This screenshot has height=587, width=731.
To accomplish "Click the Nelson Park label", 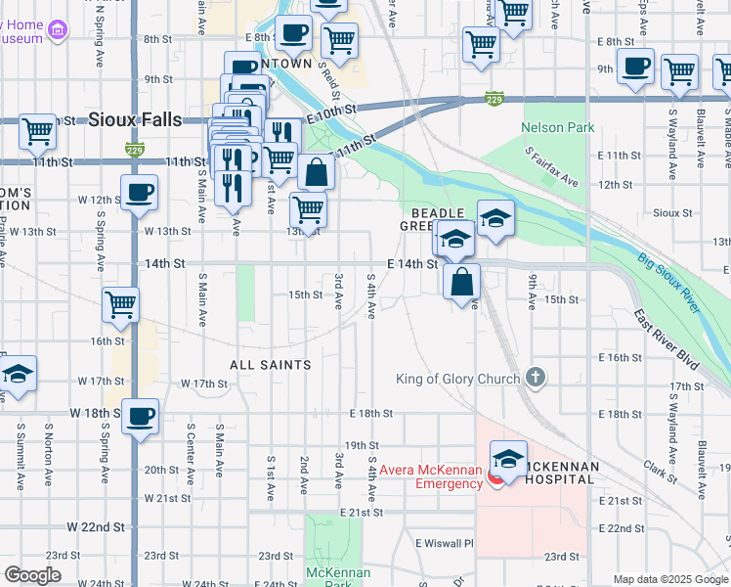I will point(558,127).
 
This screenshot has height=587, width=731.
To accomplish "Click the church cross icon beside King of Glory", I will point(535,377).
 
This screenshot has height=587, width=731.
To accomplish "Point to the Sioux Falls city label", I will point(135,119).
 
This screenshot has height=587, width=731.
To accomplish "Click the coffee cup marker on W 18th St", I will point(140,415).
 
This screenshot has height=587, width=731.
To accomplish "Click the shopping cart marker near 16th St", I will point(121,303).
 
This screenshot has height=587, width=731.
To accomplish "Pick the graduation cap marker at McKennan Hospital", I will point(508,457).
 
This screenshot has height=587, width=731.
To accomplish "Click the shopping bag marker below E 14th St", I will point(461,282).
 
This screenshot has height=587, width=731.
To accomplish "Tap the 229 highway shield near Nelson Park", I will point(494,99).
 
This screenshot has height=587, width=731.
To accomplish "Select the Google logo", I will point(32,575).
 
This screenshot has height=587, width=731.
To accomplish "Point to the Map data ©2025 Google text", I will point(669,579).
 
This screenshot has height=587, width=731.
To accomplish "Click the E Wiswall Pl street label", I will point(444,543).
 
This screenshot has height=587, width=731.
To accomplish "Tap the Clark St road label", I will point(661,474).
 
